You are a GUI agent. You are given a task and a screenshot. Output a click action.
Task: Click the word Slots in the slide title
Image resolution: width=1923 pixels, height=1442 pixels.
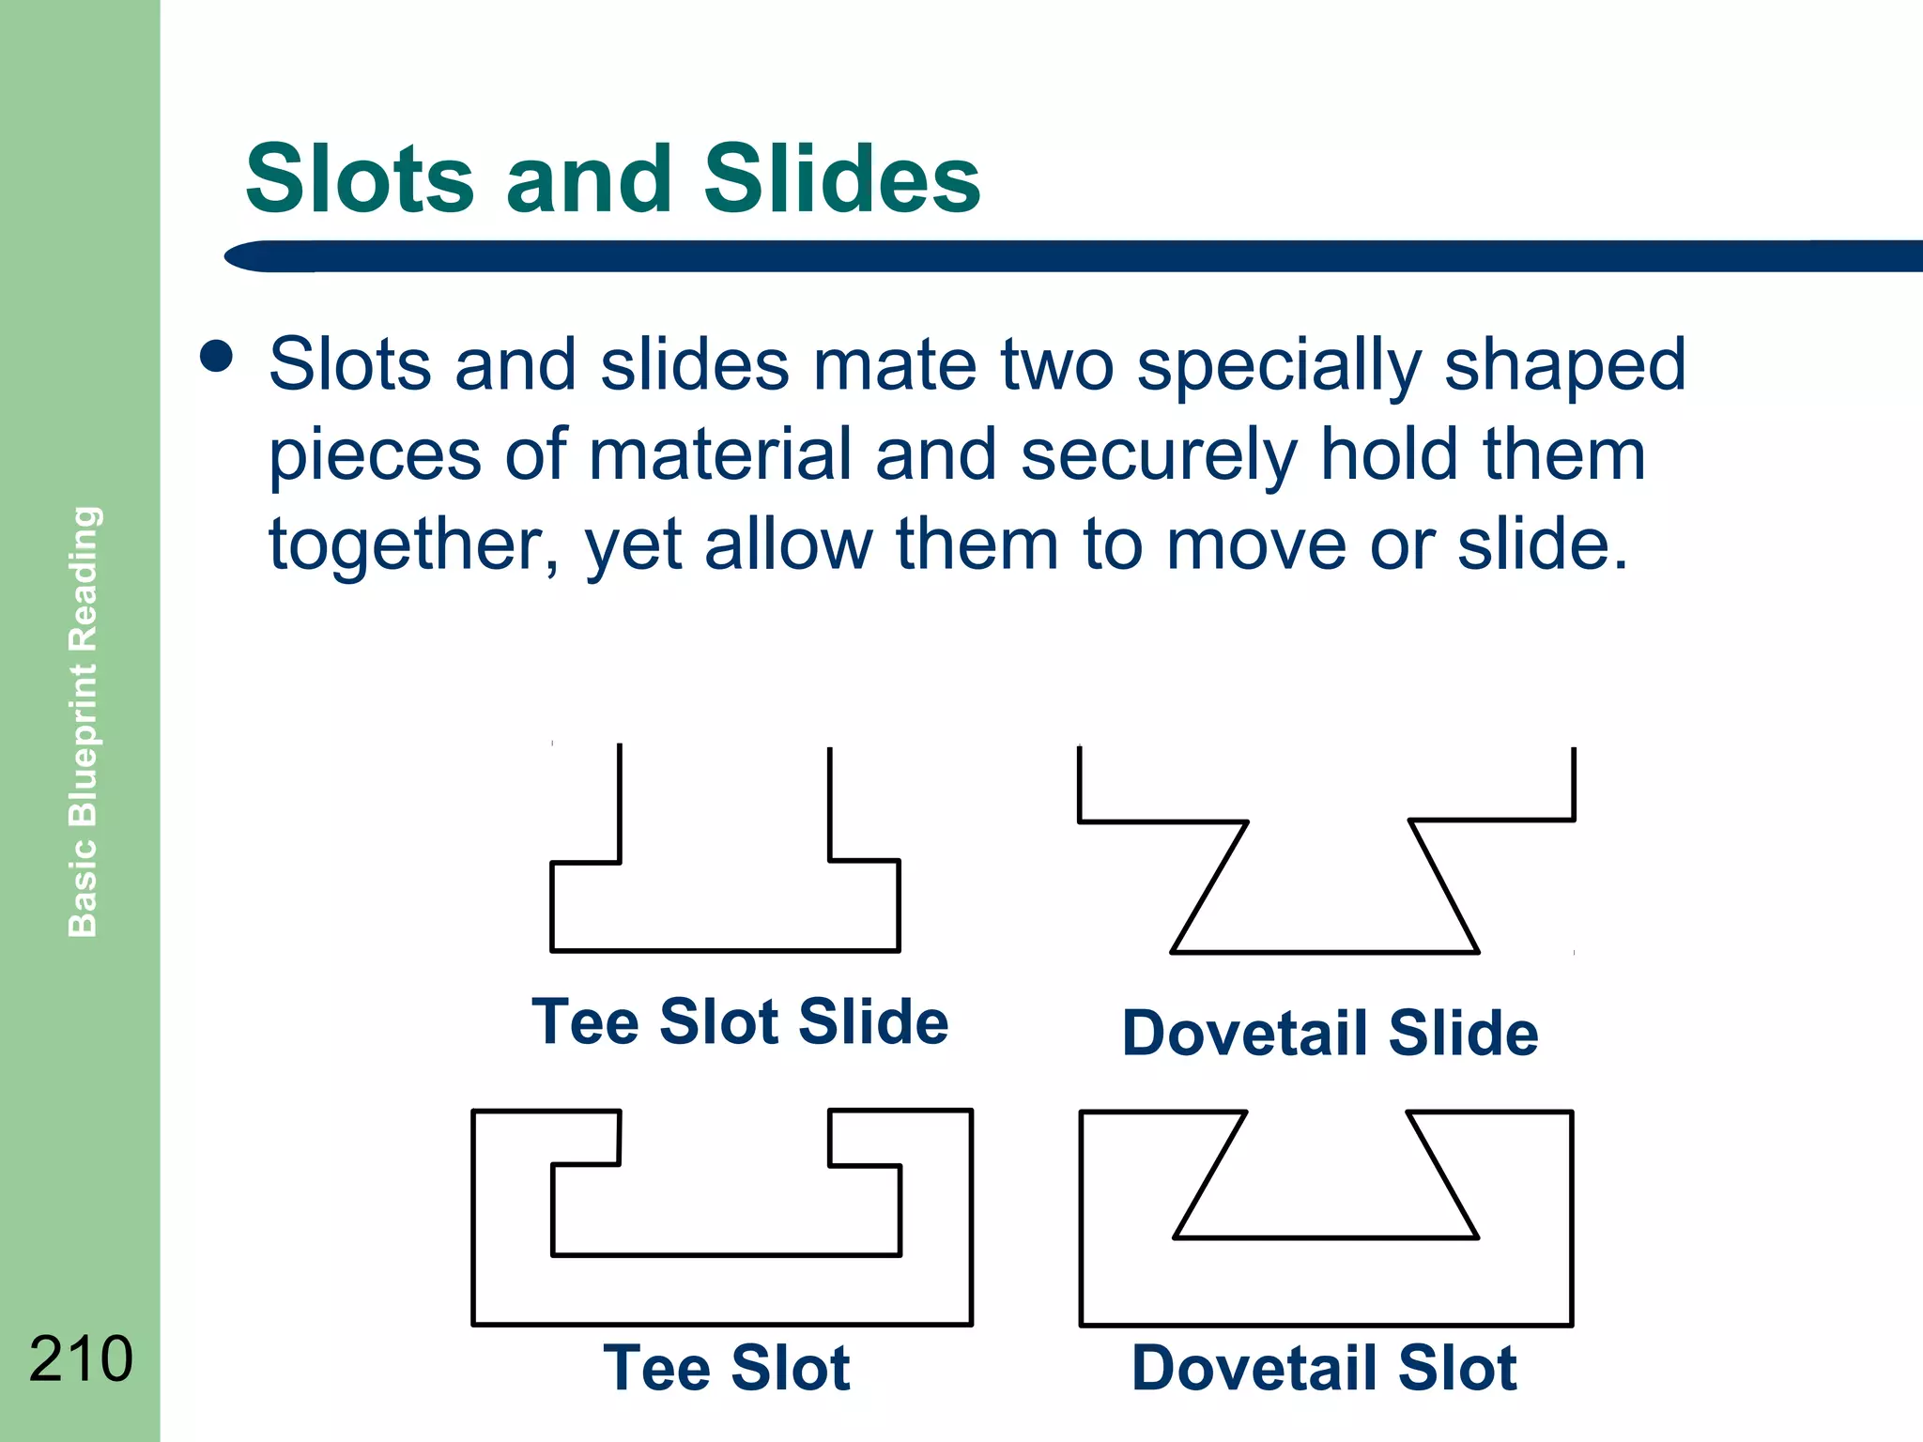(360, 179)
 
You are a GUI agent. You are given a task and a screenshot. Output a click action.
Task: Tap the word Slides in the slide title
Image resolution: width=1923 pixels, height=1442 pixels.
(841, 179)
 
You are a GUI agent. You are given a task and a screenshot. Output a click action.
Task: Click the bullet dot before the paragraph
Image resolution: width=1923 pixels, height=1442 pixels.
(217, 357)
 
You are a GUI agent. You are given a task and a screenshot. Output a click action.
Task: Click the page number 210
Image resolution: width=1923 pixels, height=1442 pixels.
(81, 1358)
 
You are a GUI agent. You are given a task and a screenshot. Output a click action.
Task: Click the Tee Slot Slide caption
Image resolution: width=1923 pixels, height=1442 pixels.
(740, 1021)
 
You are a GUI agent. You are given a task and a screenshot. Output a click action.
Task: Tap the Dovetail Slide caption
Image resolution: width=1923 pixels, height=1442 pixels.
(1330, 1033)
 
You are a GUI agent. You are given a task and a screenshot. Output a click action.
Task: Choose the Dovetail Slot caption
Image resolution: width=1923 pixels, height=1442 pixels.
(1324, 1368)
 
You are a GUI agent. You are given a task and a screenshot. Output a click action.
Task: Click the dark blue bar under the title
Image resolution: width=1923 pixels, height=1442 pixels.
(1070, 256)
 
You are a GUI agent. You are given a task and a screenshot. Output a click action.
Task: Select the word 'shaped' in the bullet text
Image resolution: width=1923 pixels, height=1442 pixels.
(1564, 366)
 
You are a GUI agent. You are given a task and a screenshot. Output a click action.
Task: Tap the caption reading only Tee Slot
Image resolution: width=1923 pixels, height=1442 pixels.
(726, 1368)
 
